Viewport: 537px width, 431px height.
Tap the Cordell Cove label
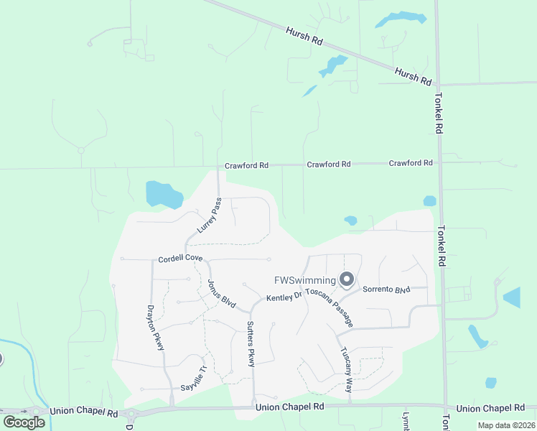tap(181, 259)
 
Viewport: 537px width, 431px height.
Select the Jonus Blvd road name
tap(222, 294)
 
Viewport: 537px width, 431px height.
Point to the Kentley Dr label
tap(285, 297)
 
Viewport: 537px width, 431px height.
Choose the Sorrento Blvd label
tap(386, 289)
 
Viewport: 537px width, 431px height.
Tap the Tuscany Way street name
tap(346, 370)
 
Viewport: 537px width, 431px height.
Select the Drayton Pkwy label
tap(157, 328)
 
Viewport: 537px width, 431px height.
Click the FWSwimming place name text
tap(305, 280)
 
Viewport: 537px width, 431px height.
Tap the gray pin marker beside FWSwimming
tap(347, 279)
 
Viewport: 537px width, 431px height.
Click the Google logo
tap(24, 422)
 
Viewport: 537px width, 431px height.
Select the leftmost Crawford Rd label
tap(246, 165)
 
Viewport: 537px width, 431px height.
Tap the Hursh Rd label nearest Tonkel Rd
tap(413, 75)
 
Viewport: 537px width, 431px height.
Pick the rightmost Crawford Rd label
tap(411, 163)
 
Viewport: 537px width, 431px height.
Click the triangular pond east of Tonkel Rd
tap(513, 297)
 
